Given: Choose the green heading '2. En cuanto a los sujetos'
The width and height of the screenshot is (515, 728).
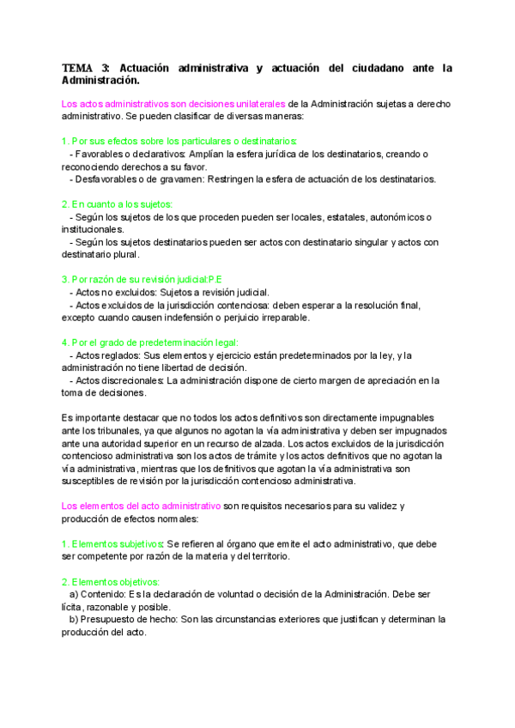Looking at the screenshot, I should point(118,203).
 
